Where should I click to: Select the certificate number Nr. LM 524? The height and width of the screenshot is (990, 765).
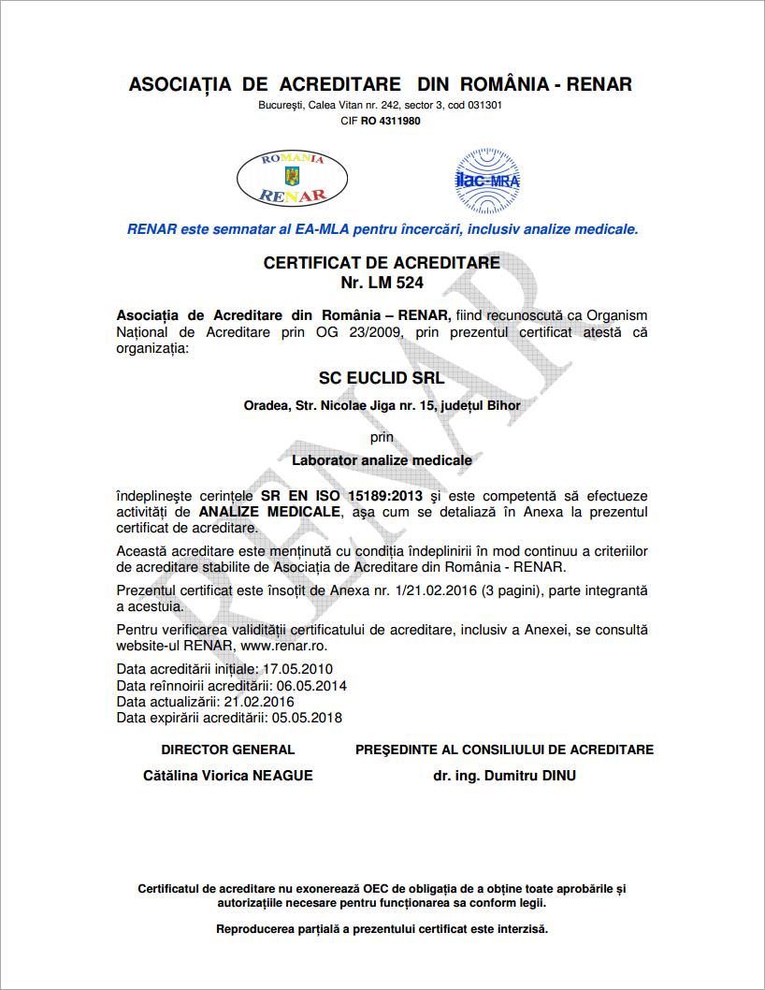coord(382,282)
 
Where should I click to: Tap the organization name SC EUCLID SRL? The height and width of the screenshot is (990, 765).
coord(382,378)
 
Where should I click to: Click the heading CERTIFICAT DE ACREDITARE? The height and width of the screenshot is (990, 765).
coord(382,263)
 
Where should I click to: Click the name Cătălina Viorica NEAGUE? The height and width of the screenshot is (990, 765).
coord(228,776)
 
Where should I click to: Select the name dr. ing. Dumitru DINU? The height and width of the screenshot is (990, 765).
coord(504,776)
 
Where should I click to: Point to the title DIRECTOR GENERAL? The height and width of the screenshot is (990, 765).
coord(228,750)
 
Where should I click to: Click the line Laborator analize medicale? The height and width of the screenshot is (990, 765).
coord(382,460)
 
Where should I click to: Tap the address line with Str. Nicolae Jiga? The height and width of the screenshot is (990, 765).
coord(382,405)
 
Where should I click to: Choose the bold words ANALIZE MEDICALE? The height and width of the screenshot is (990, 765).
coord(269,512)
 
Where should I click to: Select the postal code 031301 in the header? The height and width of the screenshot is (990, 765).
coord(484,105)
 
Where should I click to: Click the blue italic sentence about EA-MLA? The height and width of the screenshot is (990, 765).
coord(382,228)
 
